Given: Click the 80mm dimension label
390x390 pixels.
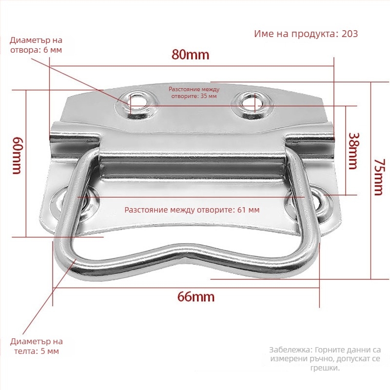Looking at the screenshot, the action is tap(190, 55).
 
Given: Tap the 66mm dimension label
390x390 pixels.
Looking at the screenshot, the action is tap(196, 297).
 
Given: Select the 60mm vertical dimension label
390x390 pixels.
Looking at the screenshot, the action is tap(18, 155).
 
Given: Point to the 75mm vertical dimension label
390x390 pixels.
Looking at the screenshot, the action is tap(380, 177).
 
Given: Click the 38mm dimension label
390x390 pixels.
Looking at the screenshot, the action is tap(353, 151).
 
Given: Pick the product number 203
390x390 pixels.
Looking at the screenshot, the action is tap(350, 34).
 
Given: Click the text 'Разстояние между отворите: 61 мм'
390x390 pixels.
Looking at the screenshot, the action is tap(192, 210).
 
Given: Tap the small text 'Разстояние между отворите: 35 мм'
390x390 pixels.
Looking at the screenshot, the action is tap(194, 93).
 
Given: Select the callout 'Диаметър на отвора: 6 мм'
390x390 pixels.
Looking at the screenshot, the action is tap(36, 45).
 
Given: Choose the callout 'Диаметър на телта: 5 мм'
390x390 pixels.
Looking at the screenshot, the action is tap(36, 346).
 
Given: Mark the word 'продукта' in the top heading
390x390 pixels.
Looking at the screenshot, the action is tap(315, 34).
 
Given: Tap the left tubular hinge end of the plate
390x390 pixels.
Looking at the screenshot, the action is tap(75, 140).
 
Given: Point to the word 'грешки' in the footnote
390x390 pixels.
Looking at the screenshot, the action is tap(325, 368).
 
